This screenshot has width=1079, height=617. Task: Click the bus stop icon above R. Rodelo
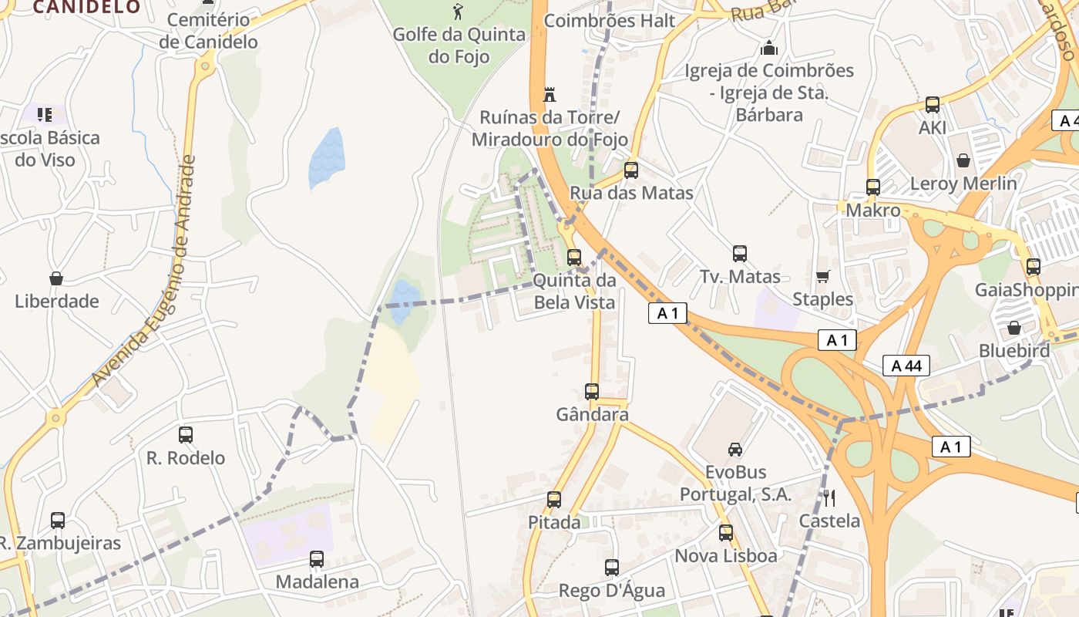(x=186, y=435)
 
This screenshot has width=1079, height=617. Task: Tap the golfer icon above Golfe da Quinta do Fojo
(x=459, y=11)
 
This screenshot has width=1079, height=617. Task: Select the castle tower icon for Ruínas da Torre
(x=550, y=95)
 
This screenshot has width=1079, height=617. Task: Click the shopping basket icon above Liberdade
(x=55, y=278)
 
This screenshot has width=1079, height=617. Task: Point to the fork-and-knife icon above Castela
(x=829, y=497)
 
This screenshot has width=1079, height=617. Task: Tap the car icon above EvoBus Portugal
(x=735, y=449)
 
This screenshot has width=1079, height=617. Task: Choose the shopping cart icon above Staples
(x=822, y=276)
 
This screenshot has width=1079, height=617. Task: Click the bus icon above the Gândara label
(x=592, y=392)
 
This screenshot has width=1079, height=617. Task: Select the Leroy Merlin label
(x=963, y=184)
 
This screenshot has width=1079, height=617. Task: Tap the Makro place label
(x=873, y=211)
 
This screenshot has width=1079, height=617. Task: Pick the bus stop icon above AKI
(x=933, y=105)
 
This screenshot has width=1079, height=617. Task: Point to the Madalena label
(x=317, y=582)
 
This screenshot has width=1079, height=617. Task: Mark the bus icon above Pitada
(x=554, y=500)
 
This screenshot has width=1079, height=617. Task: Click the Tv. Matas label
(x=740, y=276)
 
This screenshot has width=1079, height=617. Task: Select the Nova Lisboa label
(x=726, y=555)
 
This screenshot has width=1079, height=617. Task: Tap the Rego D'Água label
(x=612, y=591)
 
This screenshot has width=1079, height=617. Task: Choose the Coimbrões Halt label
(x=609, y=21)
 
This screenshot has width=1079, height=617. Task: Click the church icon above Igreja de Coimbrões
(x=769, y=49)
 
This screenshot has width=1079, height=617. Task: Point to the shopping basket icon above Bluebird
(x=1014, y=329)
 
